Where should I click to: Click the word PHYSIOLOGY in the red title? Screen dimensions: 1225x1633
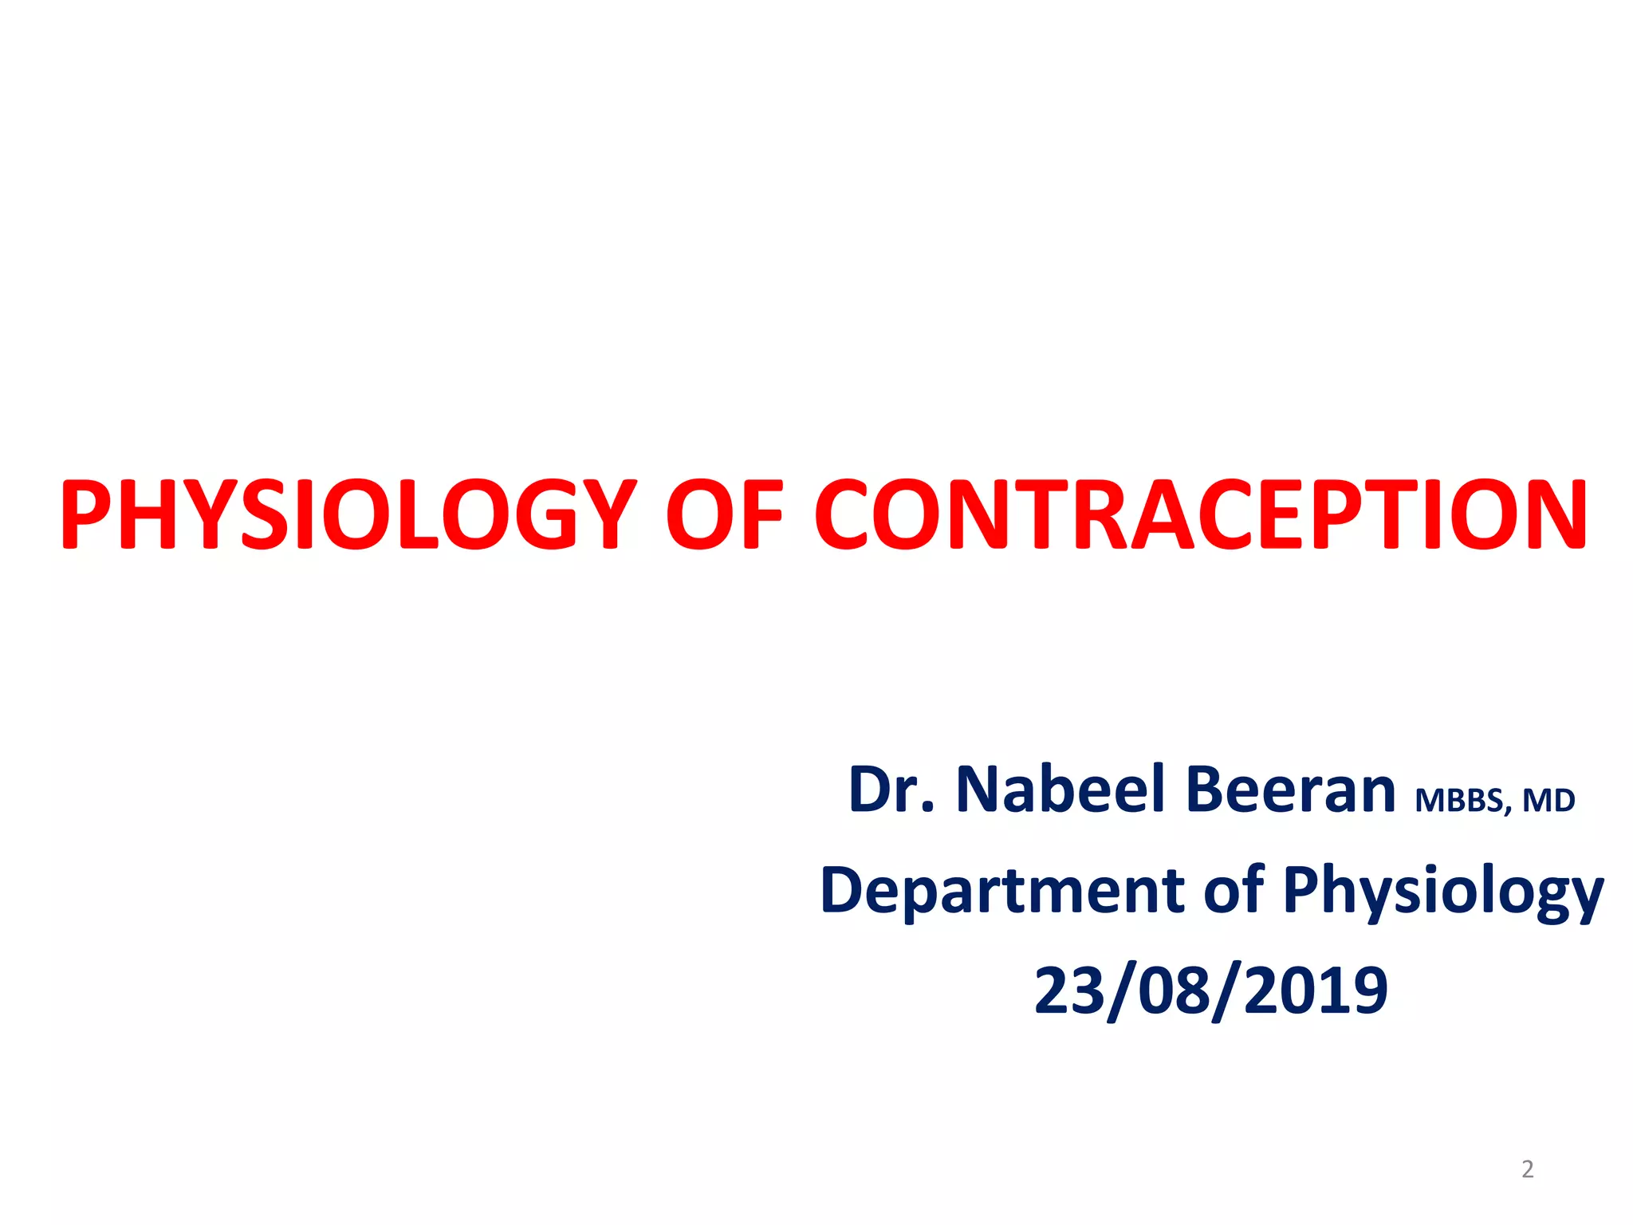(x=348, y=515)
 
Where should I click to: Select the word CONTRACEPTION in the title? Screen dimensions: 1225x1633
(x=1201, y=515)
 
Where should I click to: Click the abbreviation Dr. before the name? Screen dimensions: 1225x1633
(x=891, y=790)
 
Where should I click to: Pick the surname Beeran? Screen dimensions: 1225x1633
(x=1290, y=790)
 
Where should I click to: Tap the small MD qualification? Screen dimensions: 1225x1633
(x=1548, y=801)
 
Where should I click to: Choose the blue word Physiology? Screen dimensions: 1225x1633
(x=1443, y=893)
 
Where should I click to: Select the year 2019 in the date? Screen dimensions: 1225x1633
(x=1316, y=991)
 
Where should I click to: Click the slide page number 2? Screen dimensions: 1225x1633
(x=1527, y=1169)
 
